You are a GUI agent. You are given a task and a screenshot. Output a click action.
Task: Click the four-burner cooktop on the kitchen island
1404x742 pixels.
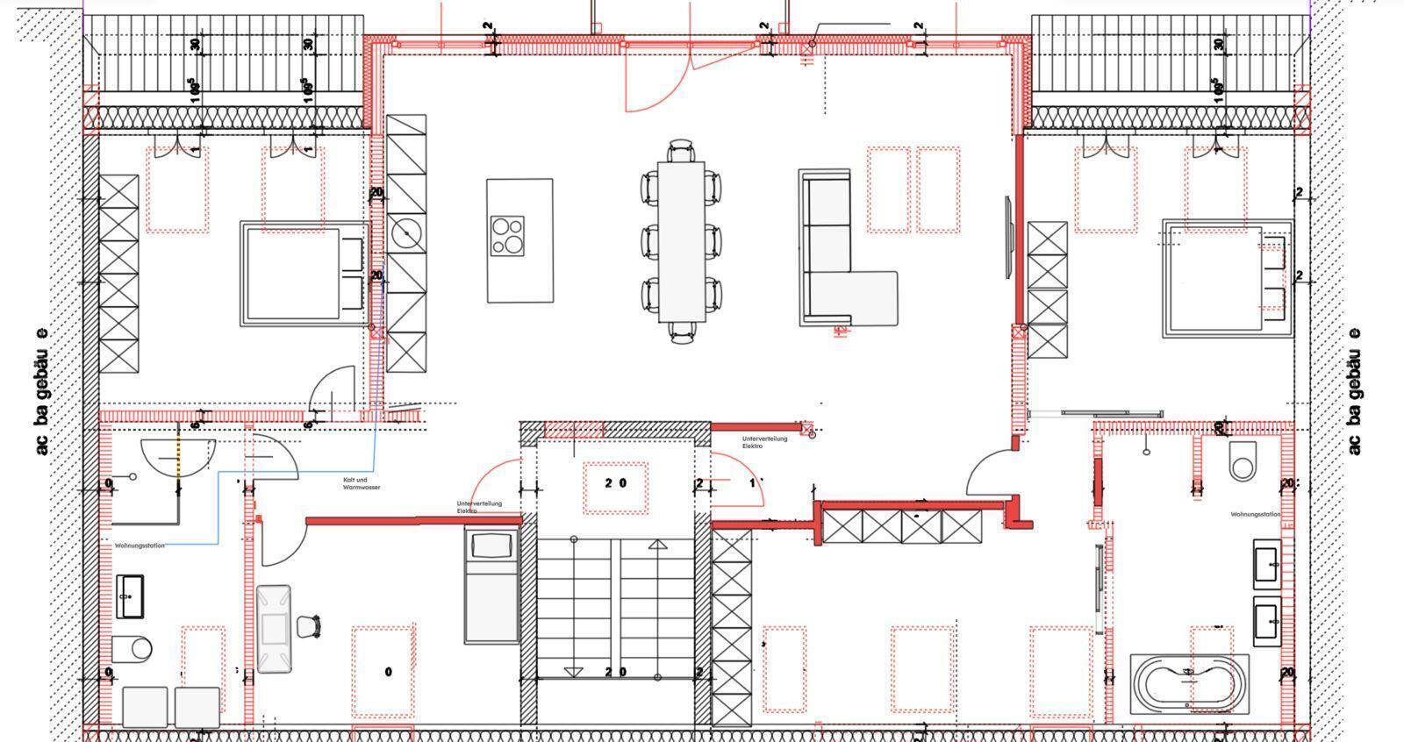[507, 235]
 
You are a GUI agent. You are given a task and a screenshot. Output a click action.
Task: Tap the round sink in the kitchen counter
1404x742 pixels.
[406, 233]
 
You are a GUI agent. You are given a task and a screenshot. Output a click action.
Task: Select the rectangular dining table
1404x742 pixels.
[681, 241]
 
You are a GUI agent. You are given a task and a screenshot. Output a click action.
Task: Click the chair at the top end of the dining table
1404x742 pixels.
[681, 151]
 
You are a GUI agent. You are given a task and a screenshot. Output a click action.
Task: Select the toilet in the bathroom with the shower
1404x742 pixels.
[133, 648]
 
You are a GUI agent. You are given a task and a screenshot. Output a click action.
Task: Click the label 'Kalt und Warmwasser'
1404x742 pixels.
[362, 483]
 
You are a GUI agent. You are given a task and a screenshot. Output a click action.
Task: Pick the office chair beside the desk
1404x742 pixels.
[309, 626]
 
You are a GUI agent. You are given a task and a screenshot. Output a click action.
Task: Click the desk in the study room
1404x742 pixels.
[274, 628]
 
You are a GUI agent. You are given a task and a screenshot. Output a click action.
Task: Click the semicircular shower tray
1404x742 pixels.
[178, 454]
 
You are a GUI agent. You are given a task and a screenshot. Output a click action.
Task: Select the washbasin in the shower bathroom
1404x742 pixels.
[130, 596]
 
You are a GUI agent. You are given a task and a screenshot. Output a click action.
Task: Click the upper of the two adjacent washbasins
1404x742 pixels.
[1266, 563]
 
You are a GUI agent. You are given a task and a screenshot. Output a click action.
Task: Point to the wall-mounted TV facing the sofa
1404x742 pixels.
[1008, 239]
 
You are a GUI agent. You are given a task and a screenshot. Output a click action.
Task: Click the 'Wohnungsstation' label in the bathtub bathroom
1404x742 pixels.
[1255, 515]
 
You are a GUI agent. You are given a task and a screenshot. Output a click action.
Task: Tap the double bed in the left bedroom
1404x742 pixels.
[304, 274]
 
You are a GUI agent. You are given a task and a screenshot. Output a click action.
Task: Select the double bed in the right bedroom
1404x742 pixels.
[1227, 278]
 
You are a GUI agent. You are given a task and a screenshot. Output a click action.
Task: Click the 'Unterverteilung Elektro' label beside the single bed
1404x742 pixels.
[479, 507]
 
